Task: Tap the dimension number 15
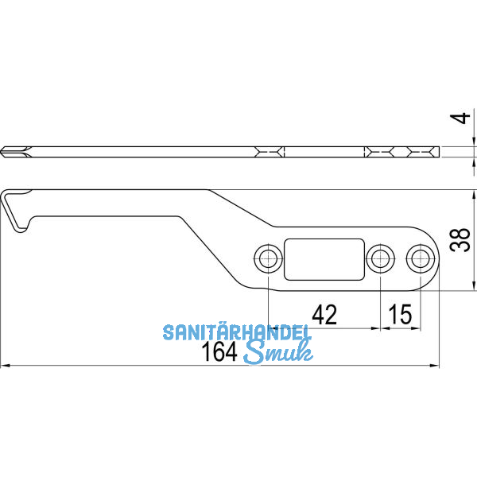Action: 400,315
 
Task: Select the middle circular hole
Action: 380,257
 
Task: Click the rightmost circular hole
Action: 419,257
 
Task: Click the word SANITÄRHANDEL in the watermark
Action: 238,332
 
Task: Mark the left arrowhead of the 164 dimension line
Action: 5,366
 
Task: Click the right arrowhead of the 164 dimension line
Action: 435,366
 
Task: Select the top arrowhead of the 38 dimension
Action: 474,193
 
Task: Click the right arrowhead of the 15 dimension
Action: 415,328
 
